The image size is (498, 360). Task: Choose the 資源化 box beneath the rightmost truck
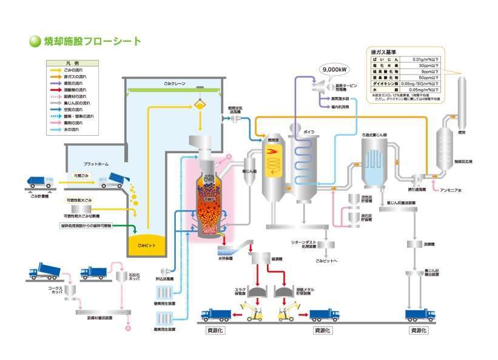(419, 330)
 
